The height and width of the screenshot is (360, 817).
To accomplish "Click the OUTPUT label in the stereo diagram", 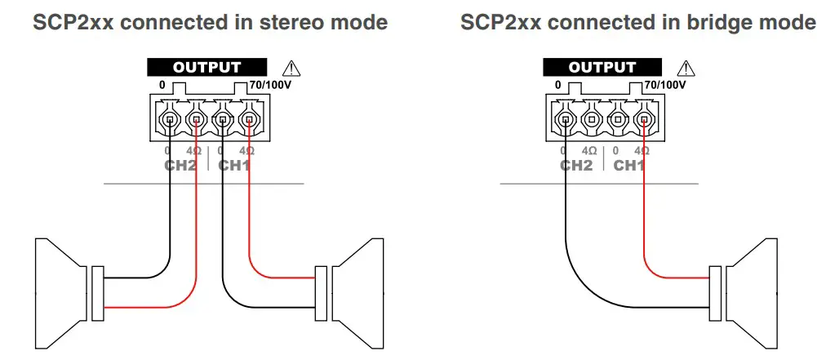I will (206, 68).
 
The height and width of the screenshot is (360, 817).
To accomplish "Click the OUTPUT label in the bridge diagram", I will (602, 68).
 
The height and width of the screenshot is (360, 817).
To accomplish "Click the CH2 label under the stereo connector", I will (181, 166).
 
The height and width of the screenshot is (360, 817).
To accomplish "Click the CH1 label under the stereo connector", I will (234, 166).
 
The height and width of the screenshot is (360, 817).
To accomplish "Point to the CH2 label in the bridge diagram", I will (576, 166).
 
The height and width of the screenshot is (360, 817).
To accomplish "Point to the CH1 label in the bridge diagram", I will (629, 166).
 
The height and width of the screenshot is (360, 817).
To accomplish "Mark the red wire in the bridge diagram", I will (644, 212).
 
